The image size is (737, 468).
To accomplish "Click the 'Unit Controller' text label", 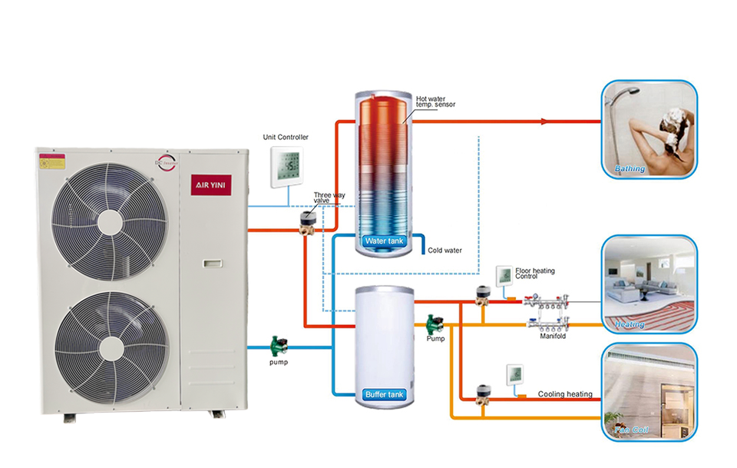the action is coord(286,138).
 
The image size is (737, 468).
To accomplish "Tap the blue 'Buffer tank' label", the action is coord(385,395).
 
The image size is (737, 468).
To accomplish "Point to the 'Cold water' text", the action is coord(445,251).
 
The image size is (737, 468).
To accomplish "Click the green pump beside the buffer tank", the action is coord(435,322).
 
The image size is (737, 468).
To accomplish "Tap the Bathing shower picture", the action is coord(649,130).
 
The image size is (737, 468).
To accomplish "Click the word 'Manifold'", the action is coord(553,336).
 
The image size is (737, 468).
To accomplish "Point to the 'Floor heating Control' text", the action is coord(535,274).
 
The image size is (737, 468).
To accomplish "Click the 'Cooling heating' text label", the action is coord(565,394).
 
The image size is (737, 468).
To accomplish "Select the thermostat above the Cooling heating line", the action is coord(514,376).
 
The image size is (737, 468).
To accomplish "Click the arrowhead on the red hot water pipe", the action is coord(544,121).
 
